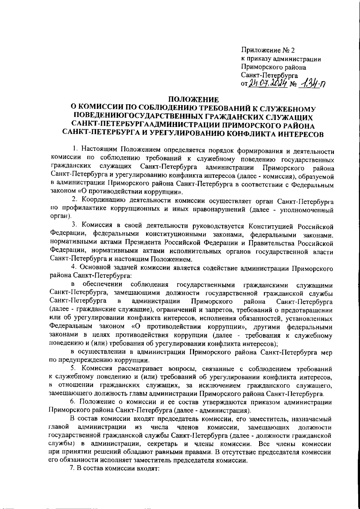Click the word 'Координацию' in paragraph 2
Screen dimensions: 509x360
(x=104, y=199)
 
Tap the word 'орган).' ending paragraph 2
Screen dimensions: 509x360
(x=61, y=216)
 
